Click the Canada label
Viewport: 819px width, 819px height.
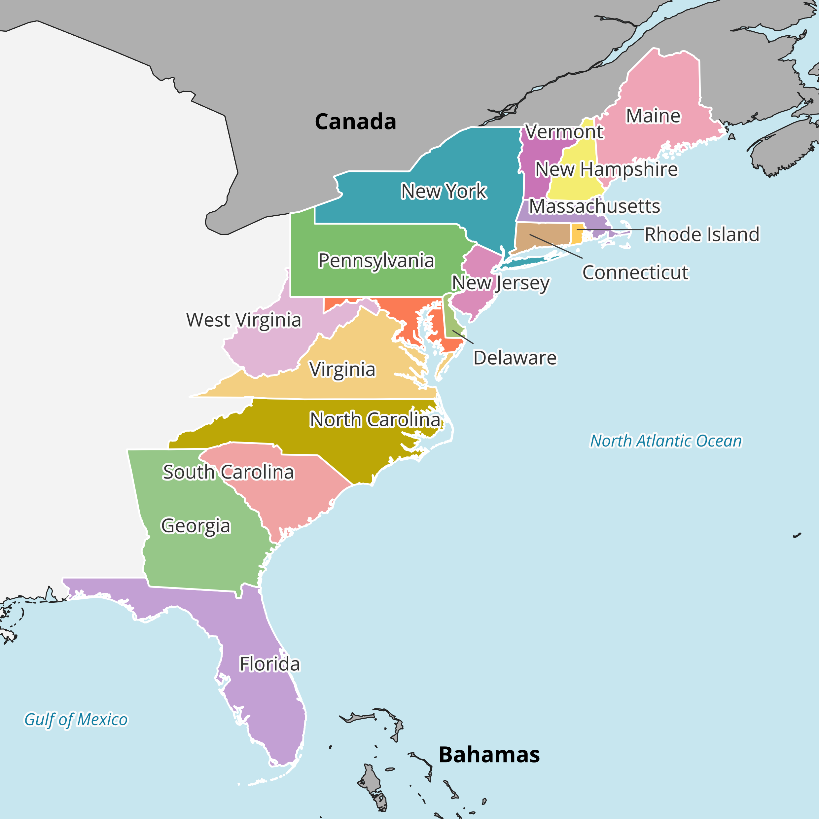[x=355, y=122]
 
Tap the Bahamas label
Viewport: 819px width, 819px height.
[x=489, y=755]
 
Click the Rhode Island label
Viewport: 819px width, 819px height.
[x=701, y=234]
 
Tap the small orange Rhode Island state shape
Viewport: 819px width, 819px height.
[x=577, y=234]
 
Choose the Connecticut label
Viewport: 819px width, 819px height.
[x=635, y=272]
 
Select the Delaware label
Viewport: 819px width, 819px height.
[x=515, y=358]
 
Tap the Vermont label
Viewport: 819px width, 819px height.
[x=564, y=132]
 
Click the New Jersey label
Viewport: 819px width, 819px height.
[x=500, y=283]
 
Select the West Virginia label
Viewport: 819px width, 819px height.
[x=244, y=320]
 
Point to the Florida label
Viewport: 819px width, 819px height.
[x=269, y=664]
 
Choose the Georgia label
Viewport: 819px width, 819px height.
[x=196, y=526]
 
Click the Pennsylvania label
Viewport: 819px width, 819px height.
[x=376, y=261]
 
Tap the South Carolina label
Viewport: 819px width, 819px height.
[x=228, y=472]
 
